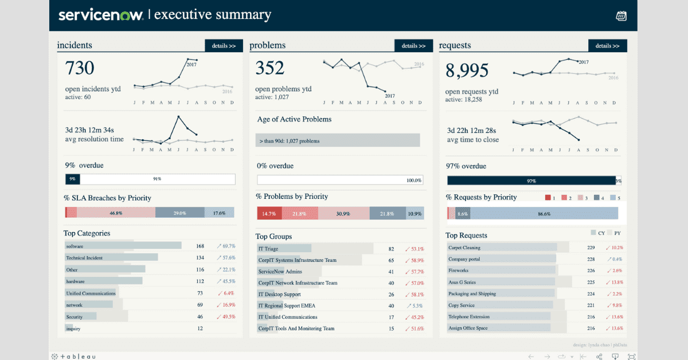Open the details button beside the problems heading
(x=413, y=46)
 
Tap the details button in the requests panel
(x=607, y=46)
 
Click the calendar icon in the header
(x=621, y=16)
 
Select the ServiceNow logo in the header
(x=101, y=15)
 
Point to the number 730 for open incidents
(x=80, y=68)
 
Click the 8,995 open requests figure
(x=467, y=71)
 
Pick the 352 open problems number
(x=270, y=68)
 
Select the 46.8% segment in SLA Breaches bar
(x=116, y=213)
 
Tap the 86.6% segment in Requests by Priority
(x=544, y=214)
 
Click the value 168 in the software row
(x=200, y=246)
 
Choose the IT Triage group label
(x=268, y=249)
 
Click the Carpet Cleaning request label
(x=464, y=248)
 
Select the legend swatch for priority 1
(x=548, y=198)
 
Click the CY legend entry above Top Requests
(x=597, y=233)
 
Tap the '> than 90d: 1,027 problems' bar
(x=338, y=140)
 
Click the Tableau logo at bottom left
(x=72, y=356)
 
